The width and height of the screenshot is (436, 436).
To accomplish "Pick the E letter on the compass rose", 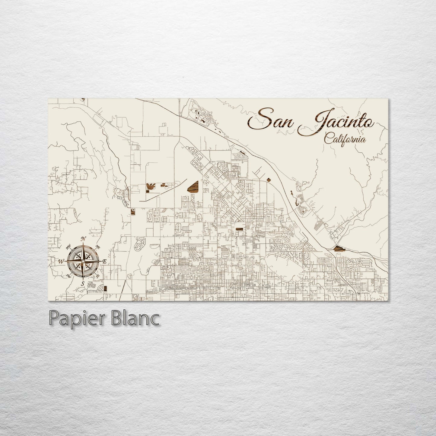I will click(x=104, y=262).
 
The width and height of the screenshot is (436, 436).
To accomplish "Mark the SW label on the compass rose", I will click(x=68, y=275).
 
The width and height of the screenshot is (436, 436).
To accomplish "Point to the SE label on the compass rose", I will click(x=97, y=276).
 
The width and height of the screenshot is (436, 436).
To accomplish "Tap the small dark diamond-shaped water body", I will click(x=269, y=180).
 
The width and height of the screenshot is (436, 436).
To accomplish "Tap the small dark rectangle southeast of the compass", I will click(x=105, y=289).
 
